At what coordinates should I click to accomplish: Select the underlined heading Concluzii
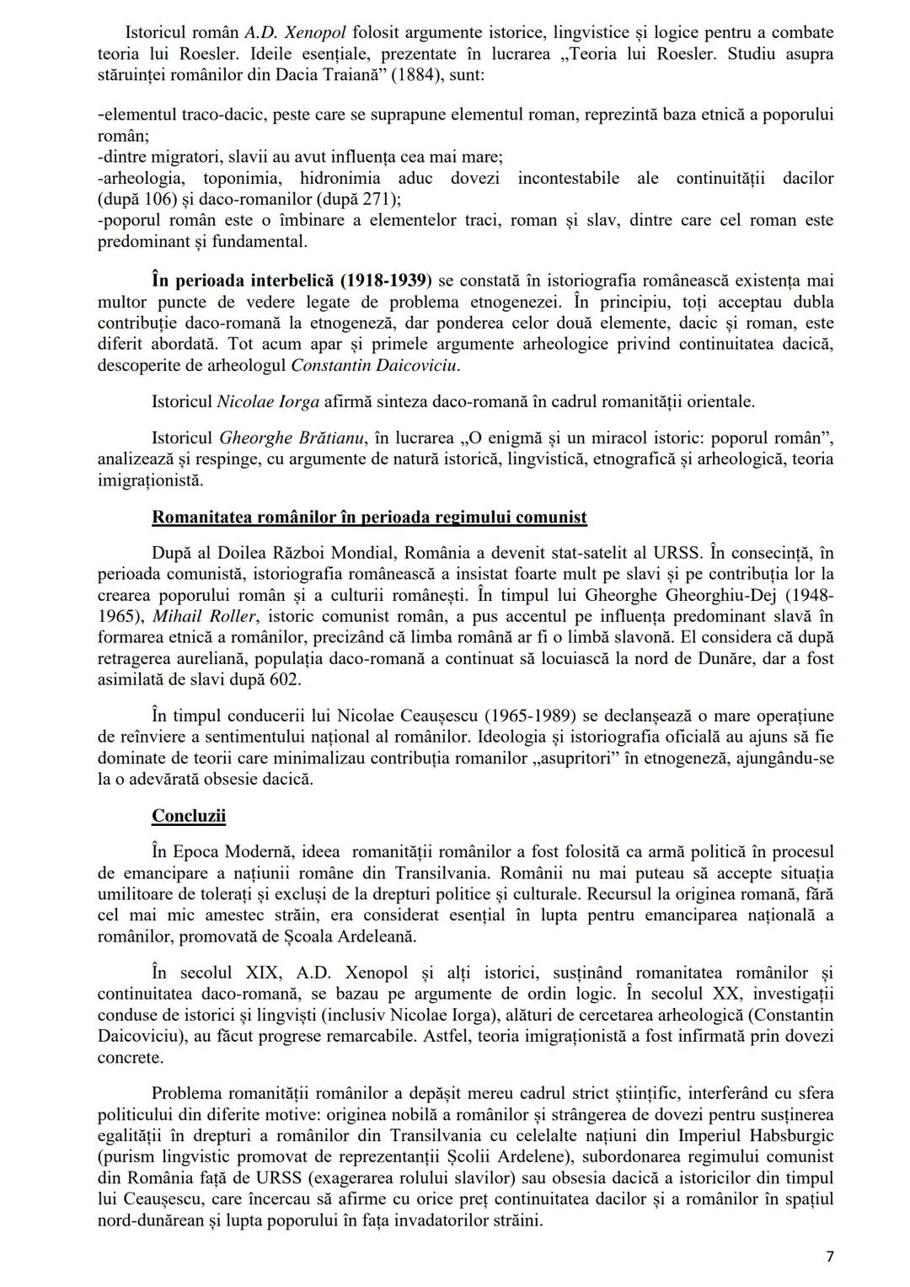point(189,815)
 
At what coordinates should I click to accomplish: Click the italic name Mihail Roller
point(205,615)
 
